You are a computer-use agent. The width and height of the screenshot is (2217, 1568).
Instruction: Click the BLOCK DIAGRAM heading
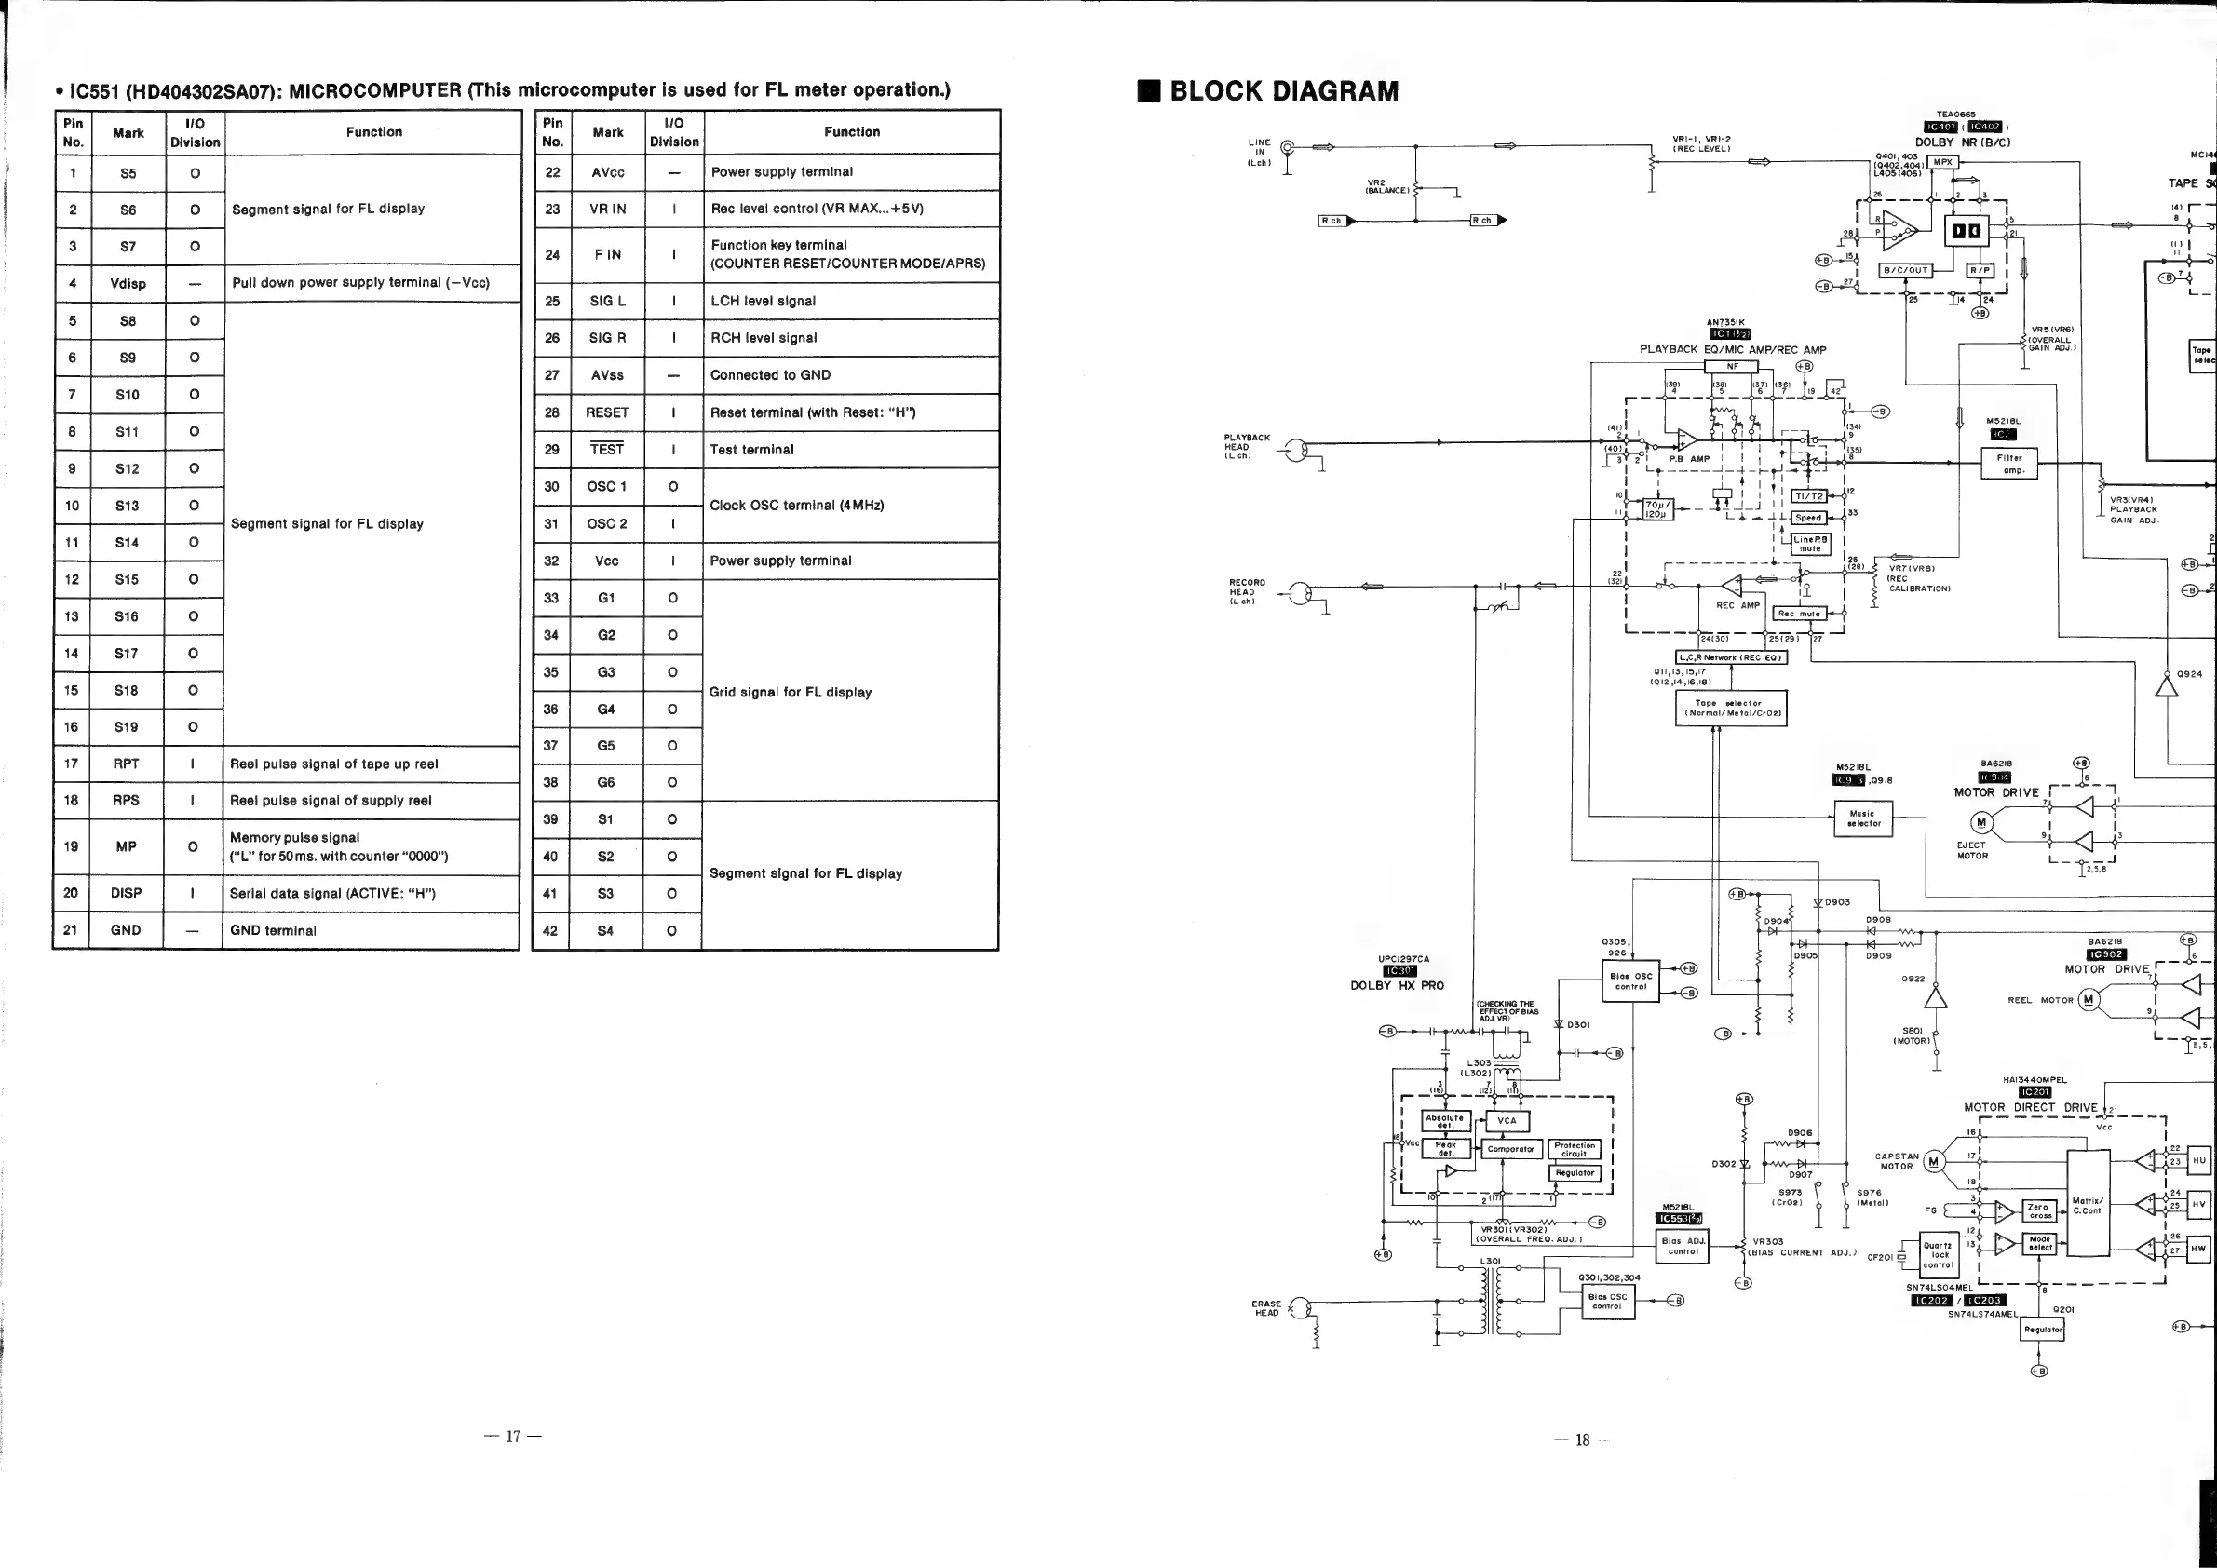[1283, 92]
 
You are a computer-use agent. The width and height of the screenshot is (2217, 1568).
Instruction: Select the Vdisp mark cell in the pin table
[128, 284]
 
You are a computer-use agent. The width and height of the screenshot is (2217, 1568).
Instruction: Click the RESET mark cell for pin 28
[606, 412]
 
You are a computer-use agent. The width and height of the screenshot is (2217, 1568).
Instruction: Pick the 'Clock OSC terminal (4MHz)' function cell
[797, 505]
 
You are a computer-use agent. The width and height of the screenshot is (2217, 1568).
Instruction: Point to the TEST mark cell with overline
[606, 449]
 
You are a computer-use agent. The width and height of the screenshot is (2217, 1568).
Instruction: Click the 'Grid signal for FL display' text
[790, 692]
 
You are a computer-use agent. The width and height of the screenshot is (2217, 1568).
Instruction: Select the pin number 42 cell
[550, 931]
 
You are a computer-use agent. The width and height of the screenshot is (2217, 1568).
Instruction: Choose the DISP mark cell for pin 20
[126, 893]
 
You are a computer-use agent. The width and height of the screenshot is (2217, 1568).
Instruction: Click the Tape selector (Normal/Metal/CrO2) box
[1730, 709]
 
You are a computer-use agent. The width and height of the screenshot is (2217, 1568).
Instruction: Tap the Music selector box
[1862, 818]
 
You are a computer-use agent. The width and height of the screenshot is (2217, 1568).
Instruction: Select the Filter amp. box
[2012, 465]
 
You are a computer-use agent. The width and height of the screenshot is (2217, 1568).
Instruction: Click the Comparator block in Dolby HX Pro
[1510, 1149]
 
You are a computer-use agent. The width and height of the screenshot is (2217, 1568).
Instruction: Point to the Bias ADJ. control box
[1683, 1247]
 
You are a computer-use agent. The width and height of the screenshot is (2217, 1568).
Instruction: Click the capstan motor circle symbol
[1934, 1161]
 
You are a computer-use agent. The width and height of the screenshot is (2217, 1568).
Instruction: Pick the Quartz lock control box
[1938, 1256]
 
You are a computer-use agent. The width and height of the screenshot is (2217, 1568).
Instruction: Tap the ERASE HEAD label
[1266, 1308]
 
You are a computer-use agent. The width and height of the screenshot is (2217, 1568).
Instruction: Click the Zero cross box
[2039, 1210]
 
